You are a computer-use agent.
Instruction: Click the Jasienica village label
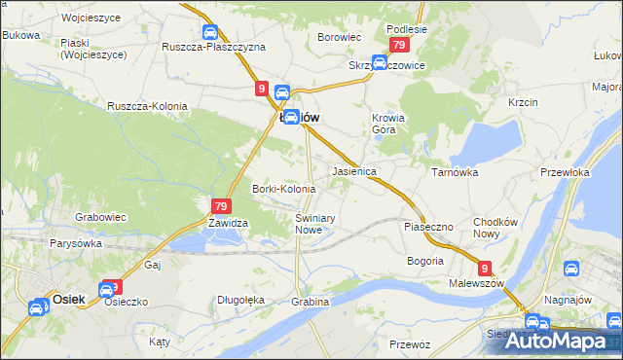click(354, 170)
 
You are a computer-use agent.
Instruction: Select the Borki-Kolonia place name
click(284, 189)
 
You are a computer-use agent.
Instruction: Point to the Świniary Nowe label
click(314, 224)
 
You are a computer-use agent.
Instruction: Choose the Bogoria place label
click(424, 261)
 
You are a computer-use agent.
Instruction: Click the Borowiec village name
click(340, 37)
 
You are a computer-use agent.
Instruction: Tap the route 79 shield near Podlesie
click(398, 47)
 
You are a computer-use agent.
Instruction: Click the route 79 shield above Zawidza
click(220, 206)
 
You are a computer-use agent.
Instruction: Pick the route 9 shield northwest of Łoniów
click(263, 89)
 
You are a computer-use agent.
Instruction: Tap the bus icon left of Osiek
click(37, 307)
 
